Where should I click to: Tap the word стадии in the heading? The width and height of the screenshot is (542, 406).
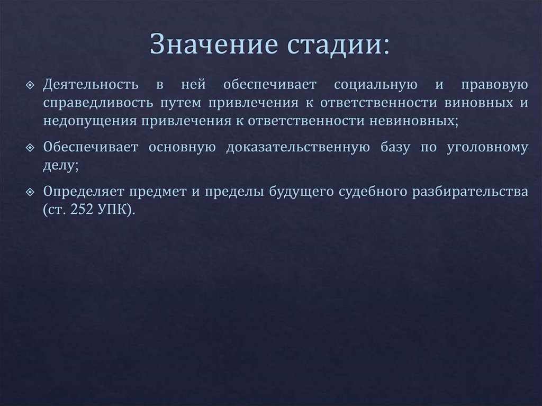click(338, 44)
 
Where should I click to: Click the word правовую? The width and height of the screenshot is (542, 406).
click(494, 85)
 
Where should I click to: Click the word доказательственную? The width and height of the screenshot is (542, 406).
click(297, 147)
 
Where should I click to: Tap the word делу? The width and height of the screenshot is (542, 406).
click(61, 165)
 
